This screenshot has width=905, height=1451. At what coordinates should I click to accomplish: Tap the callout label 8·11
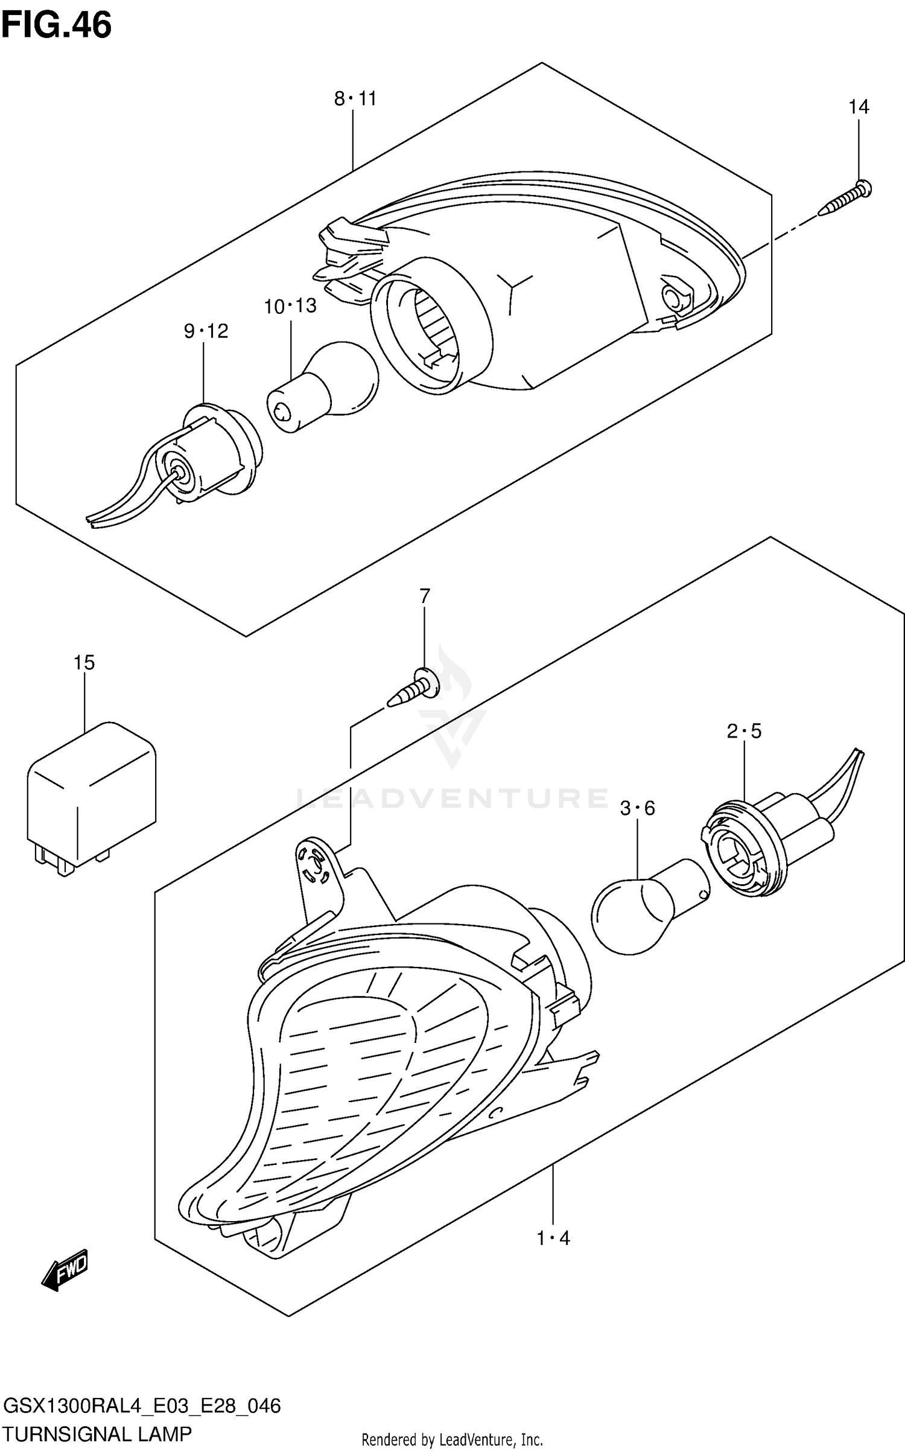tap(355, 98)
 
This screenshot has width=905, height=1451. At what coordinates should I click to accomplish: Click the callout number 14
tap(859, 107)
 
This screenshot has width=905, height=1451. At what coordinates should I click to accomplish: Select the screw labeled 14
tap(846, 199)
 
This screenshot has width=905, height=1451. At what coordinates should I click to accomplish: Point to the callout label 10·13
tap(290, 306)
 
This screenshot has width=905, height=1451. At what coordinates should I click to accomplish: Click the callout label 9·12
tap(206, 331)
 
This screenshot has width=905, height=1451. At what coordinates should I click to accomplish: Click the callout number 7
tap(425, 596)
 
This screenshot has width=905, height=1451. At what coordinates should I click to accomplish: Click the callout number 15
tap(84, 663)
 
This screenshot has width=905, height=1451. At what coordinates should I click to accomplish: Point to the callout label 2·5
tap(744, 732)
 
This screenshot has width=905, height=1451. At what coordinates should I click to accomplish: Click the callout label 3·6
tap(637, 808)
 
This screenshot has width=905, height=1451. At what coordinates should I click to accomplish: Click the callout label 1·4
tap(553, 1239)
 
